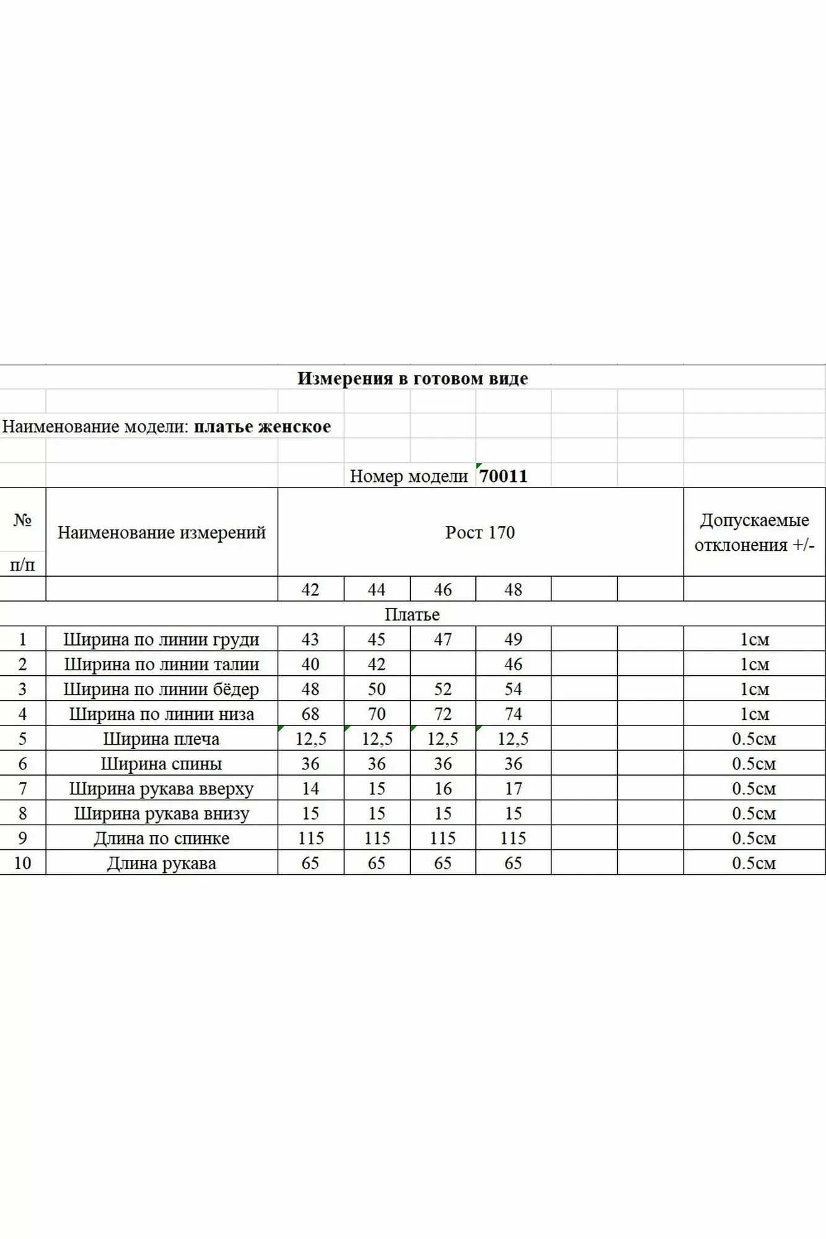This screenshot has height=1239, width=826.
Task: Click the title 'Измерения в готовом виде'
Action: pos(413,379)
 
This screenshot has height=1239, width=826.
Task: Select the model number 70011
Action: pos(503,476)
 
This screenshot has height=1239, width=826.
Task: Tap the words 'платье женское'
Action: pos(262,427)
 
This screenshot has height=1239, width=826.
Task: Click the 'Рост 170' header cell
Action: pos(480,533)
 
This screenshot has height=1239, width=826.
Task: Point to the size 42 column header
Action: pos(310,589)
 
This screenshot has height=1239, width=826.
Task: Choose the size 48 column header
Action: pos(513,589)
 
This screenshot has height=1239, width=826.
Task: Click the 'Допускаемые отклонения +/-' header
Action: pos(754,533)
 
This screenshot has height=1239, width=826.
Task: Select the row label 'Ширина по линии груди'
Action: pos(161,639)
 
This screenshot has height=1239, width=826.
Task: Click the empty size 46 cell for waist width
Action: pos(442,664)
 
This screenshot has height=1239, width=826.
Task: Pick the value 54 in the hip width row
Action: pos(513,689)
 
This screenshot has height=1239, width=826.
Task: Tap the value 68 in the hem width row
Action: pos(310,714)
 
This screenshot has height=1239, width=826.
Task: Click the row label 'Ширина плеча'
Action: pos(161,739)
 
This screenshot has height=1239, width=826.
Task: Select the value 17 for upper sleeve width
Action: pos(513,789)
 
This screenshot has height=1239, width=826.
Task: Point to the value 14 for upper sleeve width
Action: pos(310,789)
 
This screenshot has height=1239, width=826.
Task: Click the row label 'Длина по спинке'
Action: pos(161,838)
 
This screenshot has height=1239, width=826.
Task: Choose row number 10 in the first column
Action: pos(22,863)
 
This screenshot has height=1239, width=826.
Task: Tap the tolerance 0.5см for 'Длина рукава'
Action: pos(754,863)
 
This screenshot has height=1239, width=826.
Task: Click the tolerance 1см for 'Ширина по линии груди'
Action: pos(754,639)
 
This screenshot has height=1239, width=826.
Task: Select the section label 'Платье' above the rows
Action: pos(412,615)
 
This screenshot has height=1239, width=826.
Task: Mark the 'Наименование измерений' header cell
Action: pos(161,533)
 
